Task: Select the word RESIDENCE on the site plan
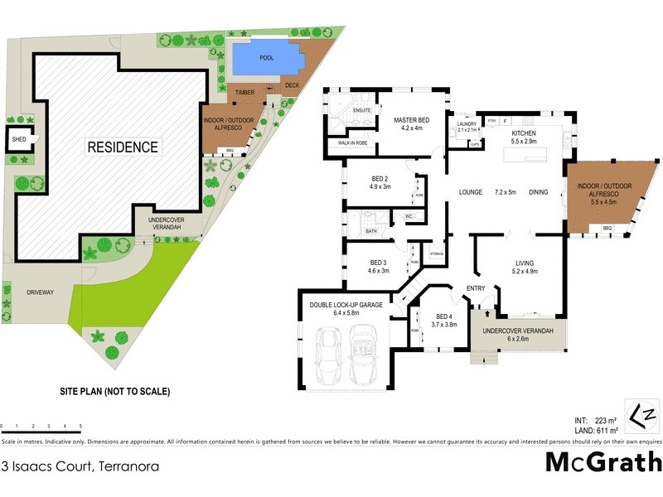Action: pyautogui.click(x=123, y=147)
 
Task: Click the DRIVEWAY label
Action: pyautogui.click(x=40, y=292)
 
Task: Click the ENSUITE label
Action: pyautogui.click(x=361, y=109)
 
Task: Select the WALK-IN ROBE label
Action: pyautogui.click(x=353, y=143)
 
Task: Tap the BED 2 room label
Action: pyautogui.click(x=380, y=178)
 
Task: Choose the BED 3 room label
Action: pyautogui.click(x=379, y=262)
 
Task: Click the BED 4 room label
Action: pyautogui.click(x=444, y=316)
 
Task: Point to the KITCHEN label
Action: pyautogui.click(x=524, y=133)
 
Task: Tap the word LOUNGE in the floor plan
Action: pyautogui.click(x=471, y=192)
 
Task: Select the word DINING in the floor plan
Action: pyautogui.click(x=539, y=192)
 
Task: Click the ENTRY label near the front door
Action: pyautogui.click(x=476, y=288)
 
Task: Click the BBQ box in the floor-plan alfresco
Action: pyautogui.click(x=606, y=228)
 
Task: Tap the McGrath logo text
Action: pyautogui.click(x=603, y=462)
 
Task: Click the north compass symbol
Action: pyautogui.click(x=642, y=415)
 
